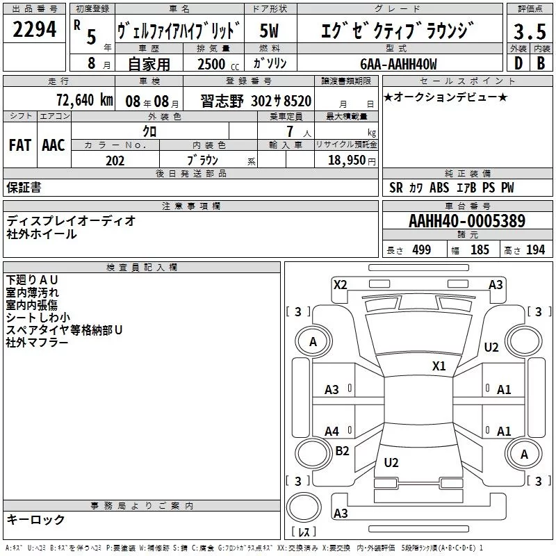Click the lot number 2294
click(34, 29)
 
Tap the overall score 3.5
click(530, 31)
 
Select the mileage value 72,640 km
click(84, 100)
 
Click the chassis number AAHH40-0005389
click(467, 221)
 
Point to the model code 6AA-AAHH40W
click(398, 64)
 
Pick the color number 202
click(115, 161)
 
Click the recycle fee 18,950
click(346, 161)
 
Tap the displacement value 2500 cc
click(218, 64)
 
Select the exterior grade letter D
click(518, 63)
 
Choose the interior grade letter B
click(541, 63)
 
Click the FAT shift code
click(20, 145)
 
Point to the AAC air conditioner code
click(54, 145)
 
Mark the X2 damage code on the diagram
click(341, 285)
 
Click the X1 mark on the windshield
click(439, 366)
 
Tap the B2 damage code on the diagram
click(342, 450)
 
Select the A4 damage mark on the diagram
click(332, 432)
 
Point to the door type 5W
click(269, 31)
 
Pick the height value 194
click(535, 250)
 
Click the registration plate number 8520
click(297, 101)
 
